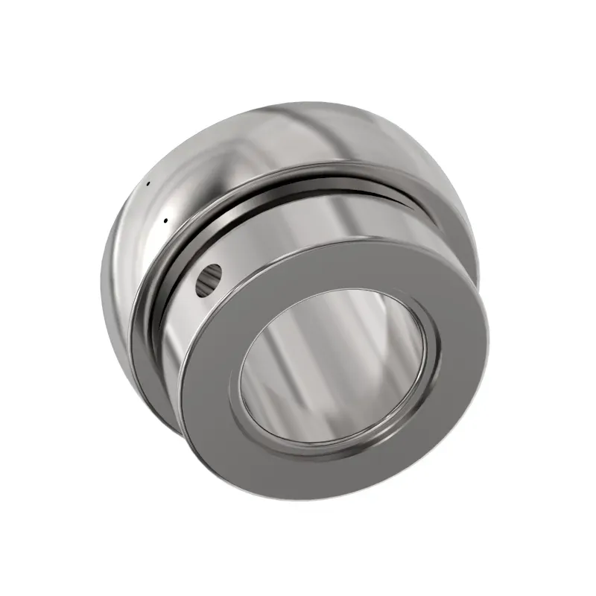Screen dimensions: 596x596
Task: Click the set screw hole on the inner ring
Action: [x=209, y=277]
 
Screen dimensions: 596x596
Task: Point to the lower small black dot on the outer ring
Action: [x=165, y=220]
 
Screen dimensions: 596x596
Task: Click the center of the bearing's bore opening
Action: [x=339, y=365]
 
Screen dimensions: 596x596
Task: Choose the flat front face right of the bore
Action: [x=462, y=350]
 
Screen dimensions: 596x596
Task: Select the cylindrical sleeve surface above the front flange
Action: [x=313, y=216]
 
